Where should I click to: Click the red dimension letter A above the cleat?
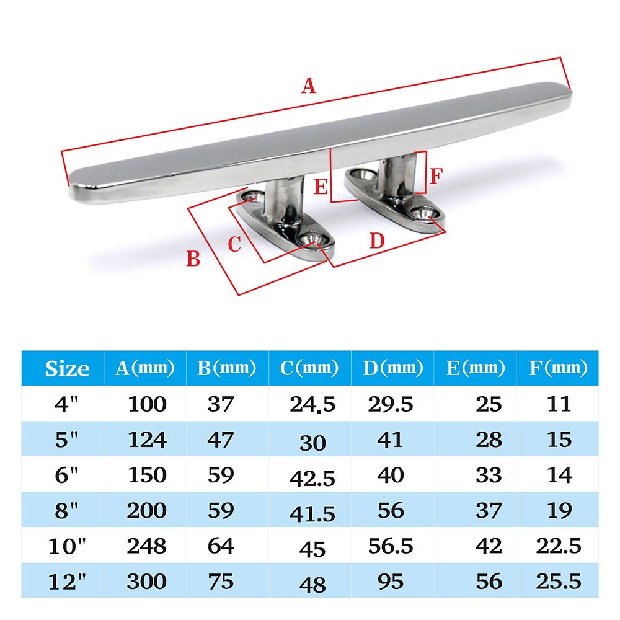[308, 86]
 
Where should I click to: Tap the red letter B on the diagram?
[193, 259]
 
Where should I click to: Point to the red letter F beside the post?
[435, 177]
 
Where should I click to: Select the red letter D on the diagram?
[377, 241]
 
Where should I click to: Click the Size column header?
[67, 369]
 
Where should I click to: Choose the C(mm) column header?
[309, 368]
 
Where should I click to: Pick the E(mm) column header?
[475, 368]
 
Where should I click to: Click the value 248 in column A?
[146, 546]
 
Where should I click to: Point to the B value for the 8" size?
[220, 511]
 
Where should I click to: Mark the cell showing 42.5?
[312, 479]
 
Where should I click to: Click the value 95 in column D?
[390, 582]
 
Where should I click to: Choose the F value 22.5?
[559, 546]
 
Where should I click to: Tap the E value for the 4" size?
[489, 405]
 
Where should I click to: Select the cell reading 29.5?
[390, 405]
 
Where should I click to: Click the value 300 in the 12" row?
[146, 582]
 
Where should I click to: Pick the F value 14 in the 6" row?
[559, 476]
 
